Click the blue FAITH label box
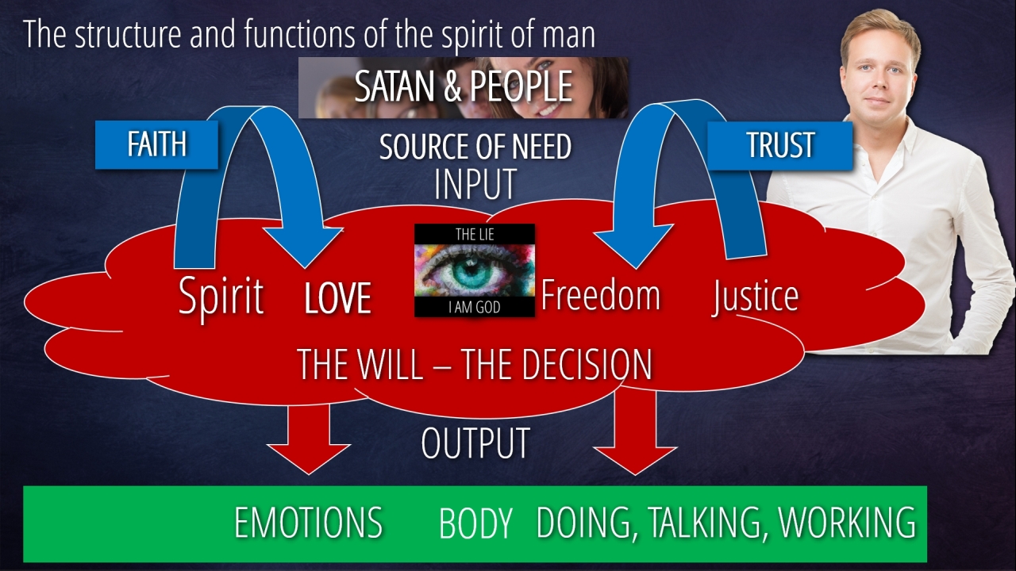(156, 145)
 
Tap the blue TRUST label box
(779, 145)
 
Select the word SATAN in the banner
(395, 86)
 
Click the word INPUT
(475, 183)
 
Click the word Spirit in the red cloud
(221, 296)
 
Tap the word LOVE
(337, 298)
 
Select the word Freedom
(600, 295)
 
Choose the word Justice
(755, 296)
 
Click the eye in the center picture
(473, 270)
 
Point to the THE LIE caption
(475, 234)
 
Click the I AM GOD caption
(475, 307)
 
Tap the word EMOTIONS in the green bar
(308, 523)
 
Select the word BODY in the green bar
(475, 523)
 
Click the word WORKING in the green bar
(847, 523)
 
